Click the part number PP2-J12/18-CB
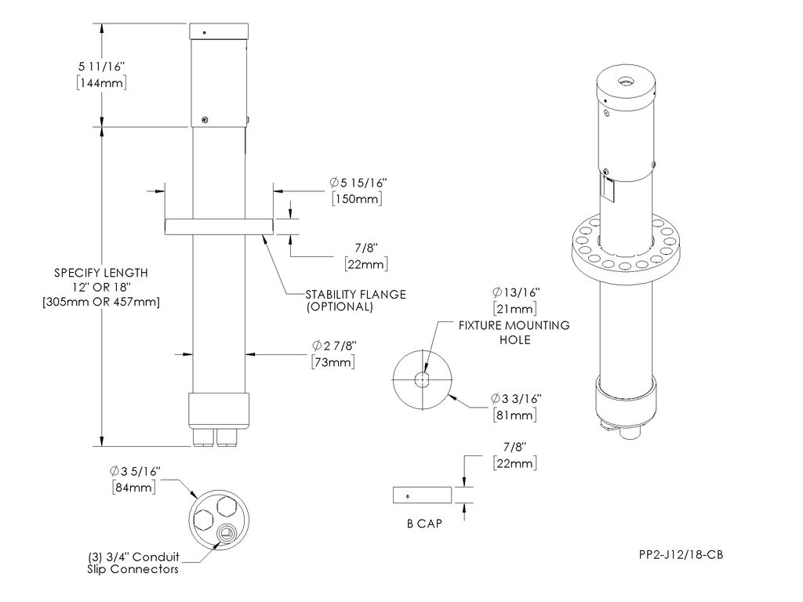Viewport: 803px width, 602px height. pos(680,555)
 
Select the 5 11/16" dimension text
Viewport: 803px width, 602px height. pos(100,67)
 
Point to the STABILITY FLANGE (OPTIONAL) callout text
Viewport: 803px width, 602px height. pos(355,300)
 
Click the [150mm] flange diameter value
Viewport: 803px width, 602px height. pos(357,199)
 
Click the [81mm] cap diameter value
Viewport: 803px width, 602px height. pos(514,415)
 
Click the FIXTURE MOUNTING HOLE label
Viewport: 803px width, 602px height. pos(514,332)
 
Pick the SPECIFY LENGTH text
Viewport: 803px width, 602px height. pos(100,273)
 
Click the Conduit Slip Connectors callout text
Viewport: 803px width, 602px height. pos(133,563)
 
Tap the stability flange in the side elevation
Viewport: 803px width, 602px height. pos(219,226)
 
